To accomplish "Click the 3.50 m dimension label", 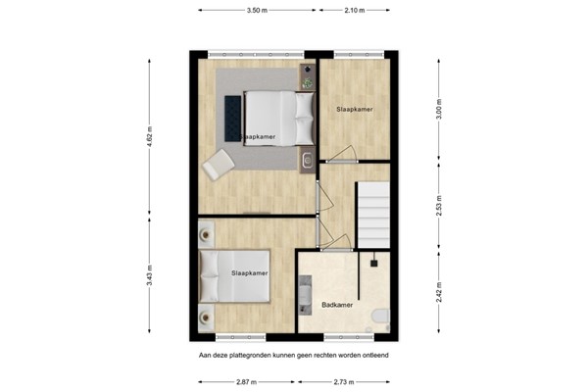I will (x=258, y=11).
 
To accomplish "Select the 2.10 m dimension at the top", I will (x=355, y=11).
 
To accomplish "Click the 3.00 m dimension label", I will (x=439, y=109).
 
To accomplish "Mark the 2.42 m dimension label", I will (x=439, y=291).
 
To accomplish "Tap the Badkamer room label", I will (x=339, y=307).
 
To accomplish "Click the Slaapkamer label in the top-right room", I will (x=354, y=109).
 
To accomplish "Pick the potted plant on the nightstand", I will (x=308, y=83).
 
